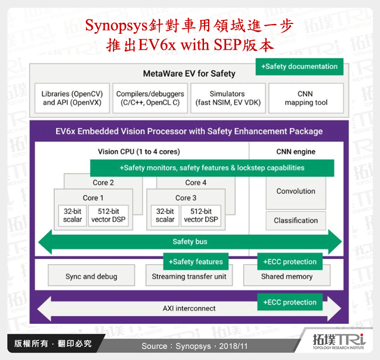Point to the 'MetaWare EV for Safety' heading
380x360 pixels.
click(189, 74)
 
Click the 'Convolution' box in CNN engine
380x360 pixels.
click(295, 192)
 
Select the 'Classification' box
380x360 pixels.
click(295, 221)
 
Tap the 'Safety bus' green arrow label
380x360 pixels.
click(190, 241)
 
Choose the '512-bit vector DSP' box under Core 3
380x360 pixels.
click(201, 216)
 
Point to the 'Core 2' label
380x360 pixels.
click(103, 182)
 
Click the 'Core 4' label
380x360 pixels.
click(196, 182)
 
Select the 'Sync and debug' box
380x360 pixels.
click(91, 276)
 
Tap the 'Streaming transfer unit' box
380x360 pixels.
click(189, 276)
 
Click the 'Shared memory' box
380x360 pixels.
click(286, 276)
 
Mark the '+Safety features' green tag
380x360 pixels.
click(195, 262)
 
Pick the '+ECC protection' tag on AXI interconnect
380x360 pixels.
click(289, 302)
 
